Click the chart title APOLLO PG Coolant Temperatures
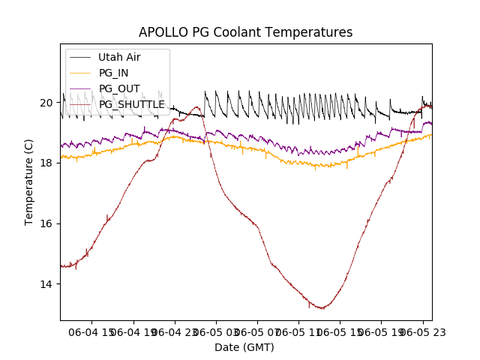point(245,33)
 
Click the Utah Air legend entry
point(119,57)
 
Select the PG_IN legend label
point(113,73)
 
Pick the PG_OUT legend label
point(118,88)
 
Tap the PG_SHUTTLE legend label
point(131,104)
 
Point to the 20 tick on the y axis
point(46,103)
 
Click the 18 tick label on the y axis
point(46,163)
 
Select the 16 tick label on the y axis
point(46,223)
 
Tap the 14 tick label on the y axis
point(46,284)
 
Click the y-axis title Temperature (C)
point(29,182)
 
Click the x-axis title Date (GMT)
point(244,347)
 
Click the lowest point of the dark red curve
point(322,308)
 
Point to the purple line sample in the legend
point(81,88)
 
